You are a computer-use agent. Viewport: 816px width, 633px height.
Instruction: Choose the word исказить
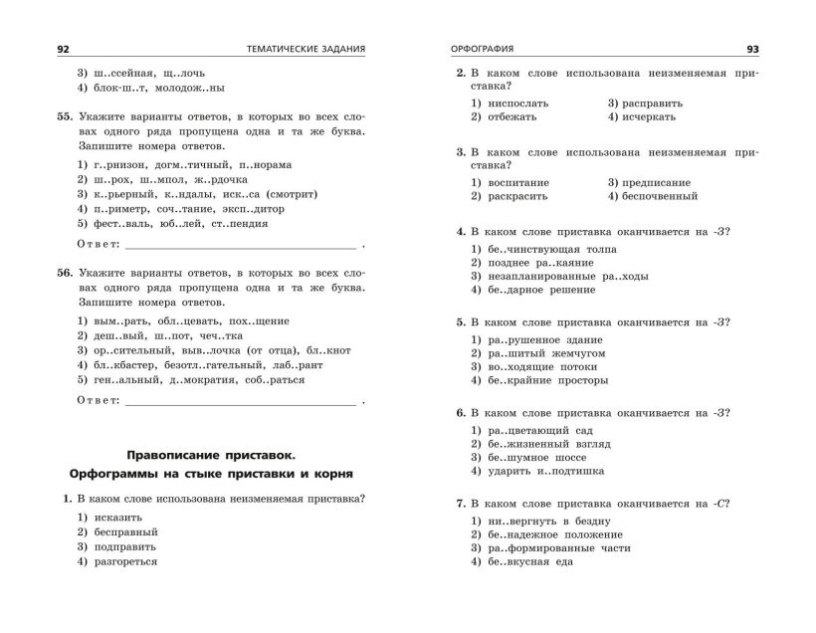(118, 518)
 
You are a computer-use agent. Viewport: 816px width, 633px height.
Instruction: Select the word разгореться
(126, 561)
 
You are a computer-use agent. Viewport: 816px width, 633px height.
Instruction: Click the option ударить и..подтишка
(545, 471)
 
